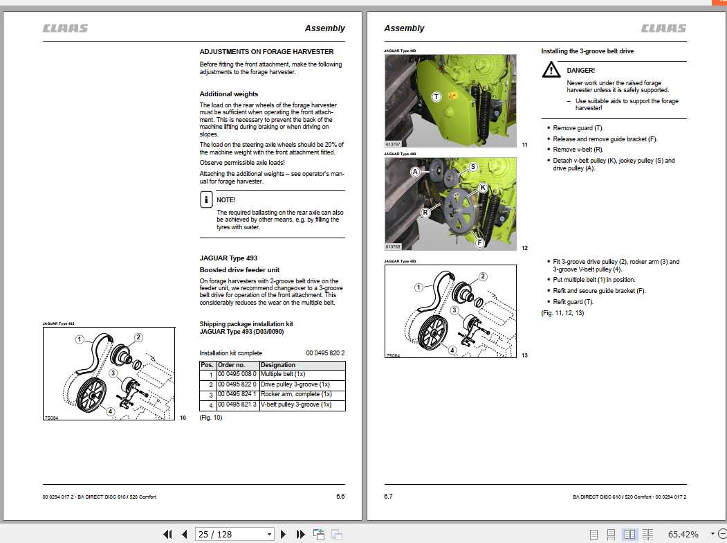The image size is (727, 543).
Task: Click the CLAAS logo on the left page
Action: [65, 28]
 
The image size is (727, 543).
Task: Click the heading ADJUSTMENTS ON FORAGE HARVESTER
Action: [266, 51]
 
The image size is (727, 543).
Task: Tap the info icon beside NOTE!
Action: [206, 200]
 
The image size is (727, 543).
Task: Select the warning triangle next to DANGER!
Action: [551, 69]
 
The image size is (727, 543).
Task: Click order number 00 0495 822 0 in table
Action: [237, 384]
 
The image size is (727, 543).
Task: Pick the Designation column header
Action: [278, 365]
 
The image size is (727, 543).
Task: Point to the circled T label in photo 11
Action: [436, 97]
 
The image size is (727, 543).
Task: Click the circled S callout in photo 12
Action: [473, 167]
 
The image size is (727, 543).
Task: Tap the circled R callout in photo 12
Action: [425, 211]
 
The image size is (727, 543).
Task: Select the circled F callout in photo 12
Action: [479, 242]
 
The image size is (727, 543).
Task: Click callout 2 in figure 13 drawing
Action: [482, 276]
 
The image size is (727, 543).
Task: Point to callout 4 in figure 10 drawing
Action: [110, 411]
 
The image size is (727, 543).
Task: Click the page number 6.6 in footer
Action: [340, 496]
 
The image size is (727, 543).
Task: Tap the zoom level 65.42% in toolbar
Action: [683, 534]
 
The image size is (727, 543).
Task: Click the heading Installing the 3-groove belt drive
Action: [587, 51]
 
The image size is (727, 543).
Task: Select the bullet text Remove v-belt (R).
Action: [578, 149]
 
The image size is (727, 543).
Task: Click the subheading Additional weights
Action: [229, 94]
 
